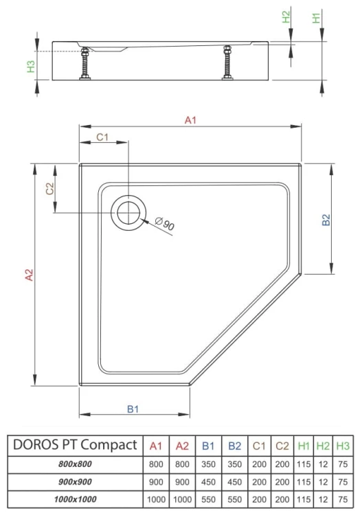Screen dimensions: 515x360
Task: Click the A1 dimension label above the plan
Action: coord(190,121)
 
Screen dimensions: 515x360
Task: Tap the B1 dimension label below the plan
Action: coord(133,409)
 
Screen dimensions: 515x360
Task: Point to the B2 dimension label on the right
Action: coord(327,220)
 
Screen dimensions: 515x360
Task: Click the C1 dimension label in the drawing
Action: coord(102,137)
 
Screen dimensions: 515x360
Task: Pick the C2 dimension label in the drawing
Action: coord(49,190)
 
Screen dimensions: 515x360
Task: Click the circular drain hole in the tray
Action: coord(128,211)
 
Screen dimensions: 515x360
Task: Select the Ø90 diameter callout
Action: coord(165,223)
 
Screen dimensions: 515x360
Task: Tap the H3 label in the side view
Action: coord(31,67)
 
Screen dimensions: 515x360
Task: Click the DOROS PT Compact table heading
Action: coord(75,445)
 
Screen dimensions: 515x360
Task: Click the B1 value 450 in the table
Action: coord(209,481)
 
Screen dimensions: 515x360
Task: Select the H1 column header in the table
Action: coord(304,446)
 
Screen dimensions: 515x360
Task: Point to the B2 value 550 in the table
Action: coord(234,499)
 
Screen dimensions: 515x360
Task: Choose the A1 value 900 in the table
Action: coord(156,481)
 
